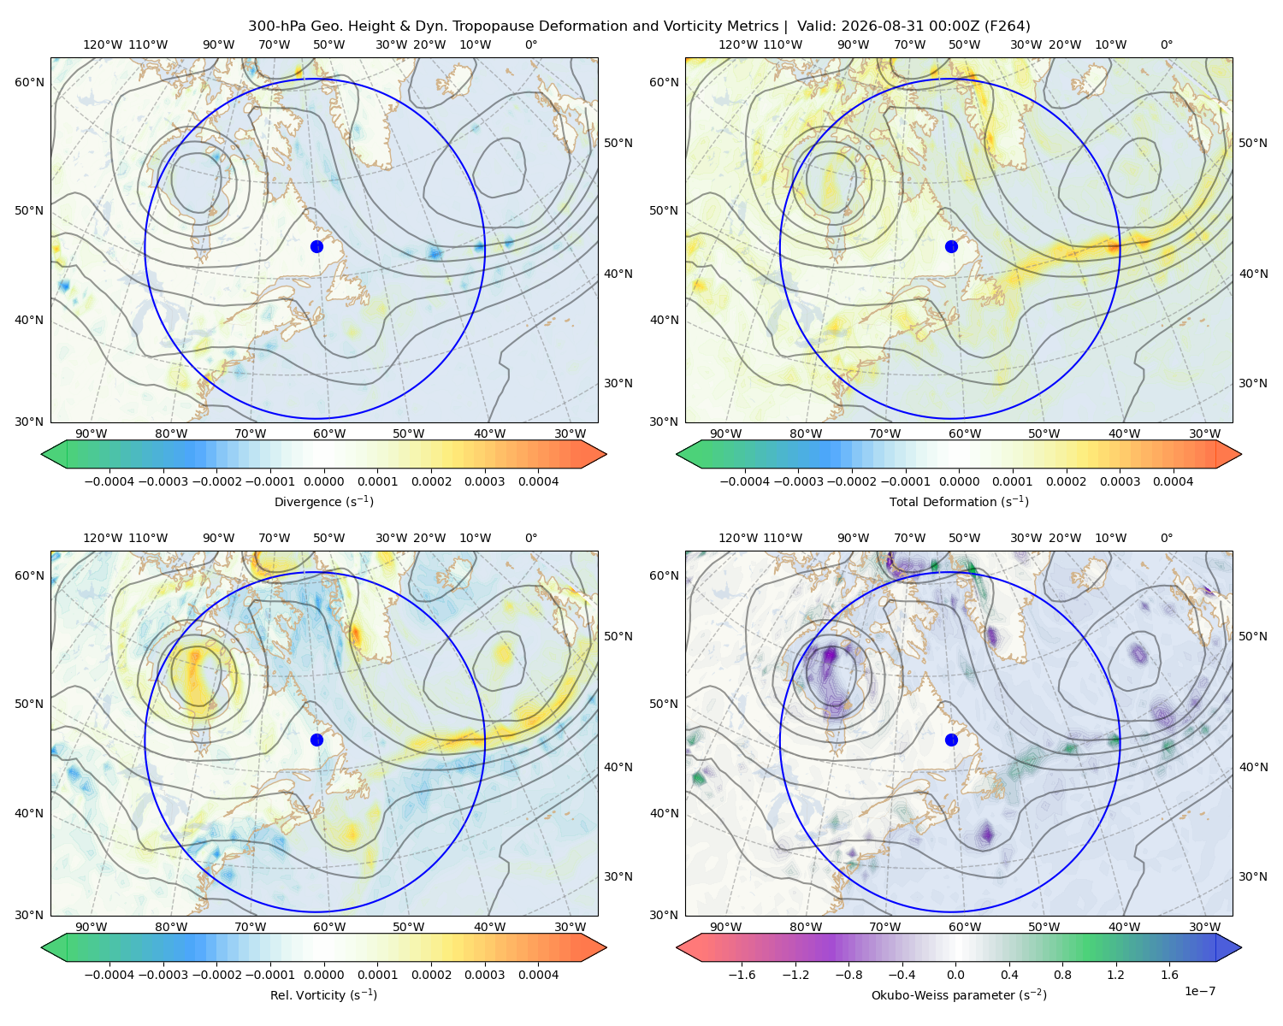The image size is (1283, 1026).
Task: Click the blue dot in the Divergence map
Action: click(316, 246)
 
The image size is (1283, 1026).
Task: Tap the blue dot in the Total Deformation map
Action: click(951, 246)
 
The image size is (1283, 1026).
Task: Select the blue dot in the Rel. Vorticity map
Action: click(316, 740)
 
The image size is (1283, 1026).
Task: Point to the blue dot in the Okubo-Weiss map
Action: click(951, 740)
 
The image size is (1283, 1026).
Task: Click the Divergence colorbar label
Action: click(323, 502)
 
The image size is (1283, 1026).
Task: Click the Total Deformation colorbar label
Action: click(959, 502)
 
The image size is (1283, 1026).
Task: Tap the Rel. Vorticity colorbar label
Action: click(323, 995)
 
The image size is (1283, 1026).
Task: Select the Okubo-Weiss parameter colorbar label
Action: click(959, 995)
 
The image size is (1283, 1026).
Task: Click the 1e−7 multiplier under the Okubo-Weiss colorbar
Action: click(1199, 991)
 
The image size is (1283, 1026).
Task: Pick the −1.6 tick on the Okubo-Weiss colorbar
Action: click(742, 975)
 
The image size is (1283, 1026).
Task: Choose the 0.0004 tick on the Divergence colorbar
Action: click(538, 481)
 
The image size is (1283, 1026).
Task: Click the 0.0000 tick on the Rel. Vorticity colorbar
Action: click(323, 975)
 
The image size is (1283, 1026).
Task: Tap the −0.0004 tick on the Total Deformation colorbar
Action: click(745, 481)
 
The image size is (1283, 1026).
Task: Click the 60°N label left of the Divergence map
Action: click(29, 82)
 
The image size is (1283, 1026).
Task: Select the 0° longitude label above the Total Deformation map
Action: click(1166, 44)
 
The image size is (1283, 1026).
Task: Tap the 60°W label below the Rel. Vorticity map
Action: click(329, 927)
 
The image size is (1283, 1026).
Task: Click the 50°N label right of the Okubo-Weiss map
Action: click(1253, 636)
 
